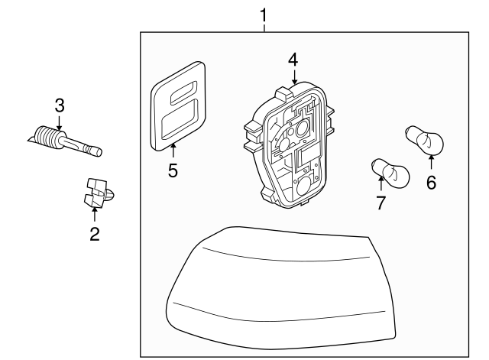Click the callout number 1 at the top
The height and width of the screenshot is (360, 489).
[264, 14]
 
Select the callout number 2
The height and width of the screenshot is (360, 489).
[95, 235]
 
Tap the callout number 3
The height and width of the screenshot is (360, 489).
[60, 104]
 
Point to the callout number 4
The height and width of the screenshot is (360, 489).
[294, 59]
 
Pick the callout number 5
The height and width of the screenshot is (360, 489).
[173, 170]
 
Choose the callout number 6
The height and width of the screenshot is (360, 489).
[432, 183]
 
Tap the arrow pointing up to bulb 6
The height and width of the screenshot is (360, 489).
[432, 162]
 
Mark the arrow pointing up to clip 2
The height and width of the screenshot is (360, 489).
[95, 215]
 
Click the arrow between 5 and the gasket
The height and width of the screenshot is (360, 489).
[173, 150]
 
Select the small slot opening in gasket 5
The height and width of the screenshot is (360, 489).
[183, 95]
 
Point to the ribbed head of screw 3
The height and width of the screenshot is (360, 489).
[50, 138]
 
